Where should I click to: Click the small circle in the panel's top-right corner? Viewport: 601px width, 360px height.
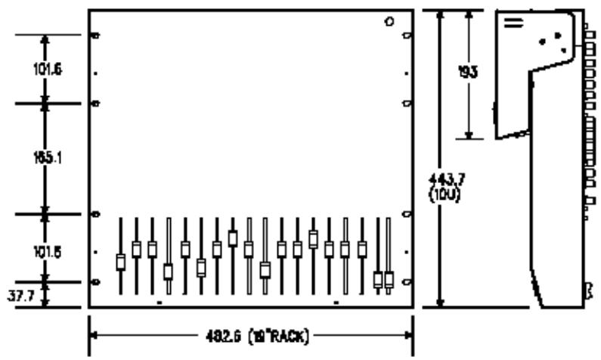tap(389, 21)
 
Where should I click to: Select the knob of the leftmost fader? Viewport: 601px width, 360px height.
tap(120, 262)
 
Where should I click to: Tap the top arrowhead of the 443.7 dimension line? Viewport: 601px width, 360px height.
tap(441, 14)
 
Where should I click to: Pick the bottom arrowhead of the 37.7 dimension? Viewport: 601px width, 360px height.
tap(45, 302)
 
